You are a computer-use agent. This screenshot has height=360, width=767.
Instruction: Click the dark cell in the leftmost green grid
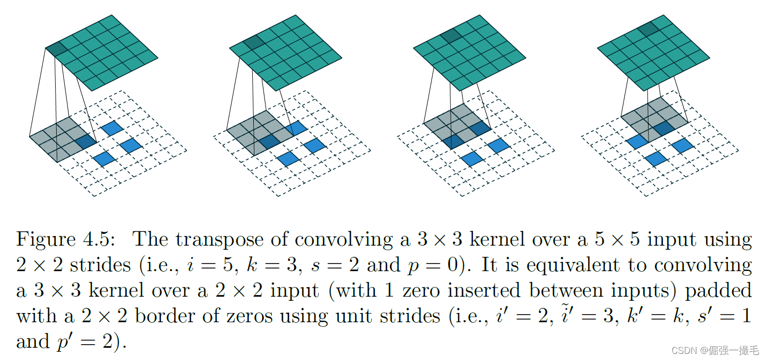click(57, 50)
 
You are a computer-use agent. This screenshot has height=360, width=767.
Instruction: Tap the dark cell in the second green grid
click(252, 43)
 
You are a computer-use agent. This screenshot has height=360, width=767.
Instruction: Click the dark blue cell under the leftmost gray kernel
click(85, 142)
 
